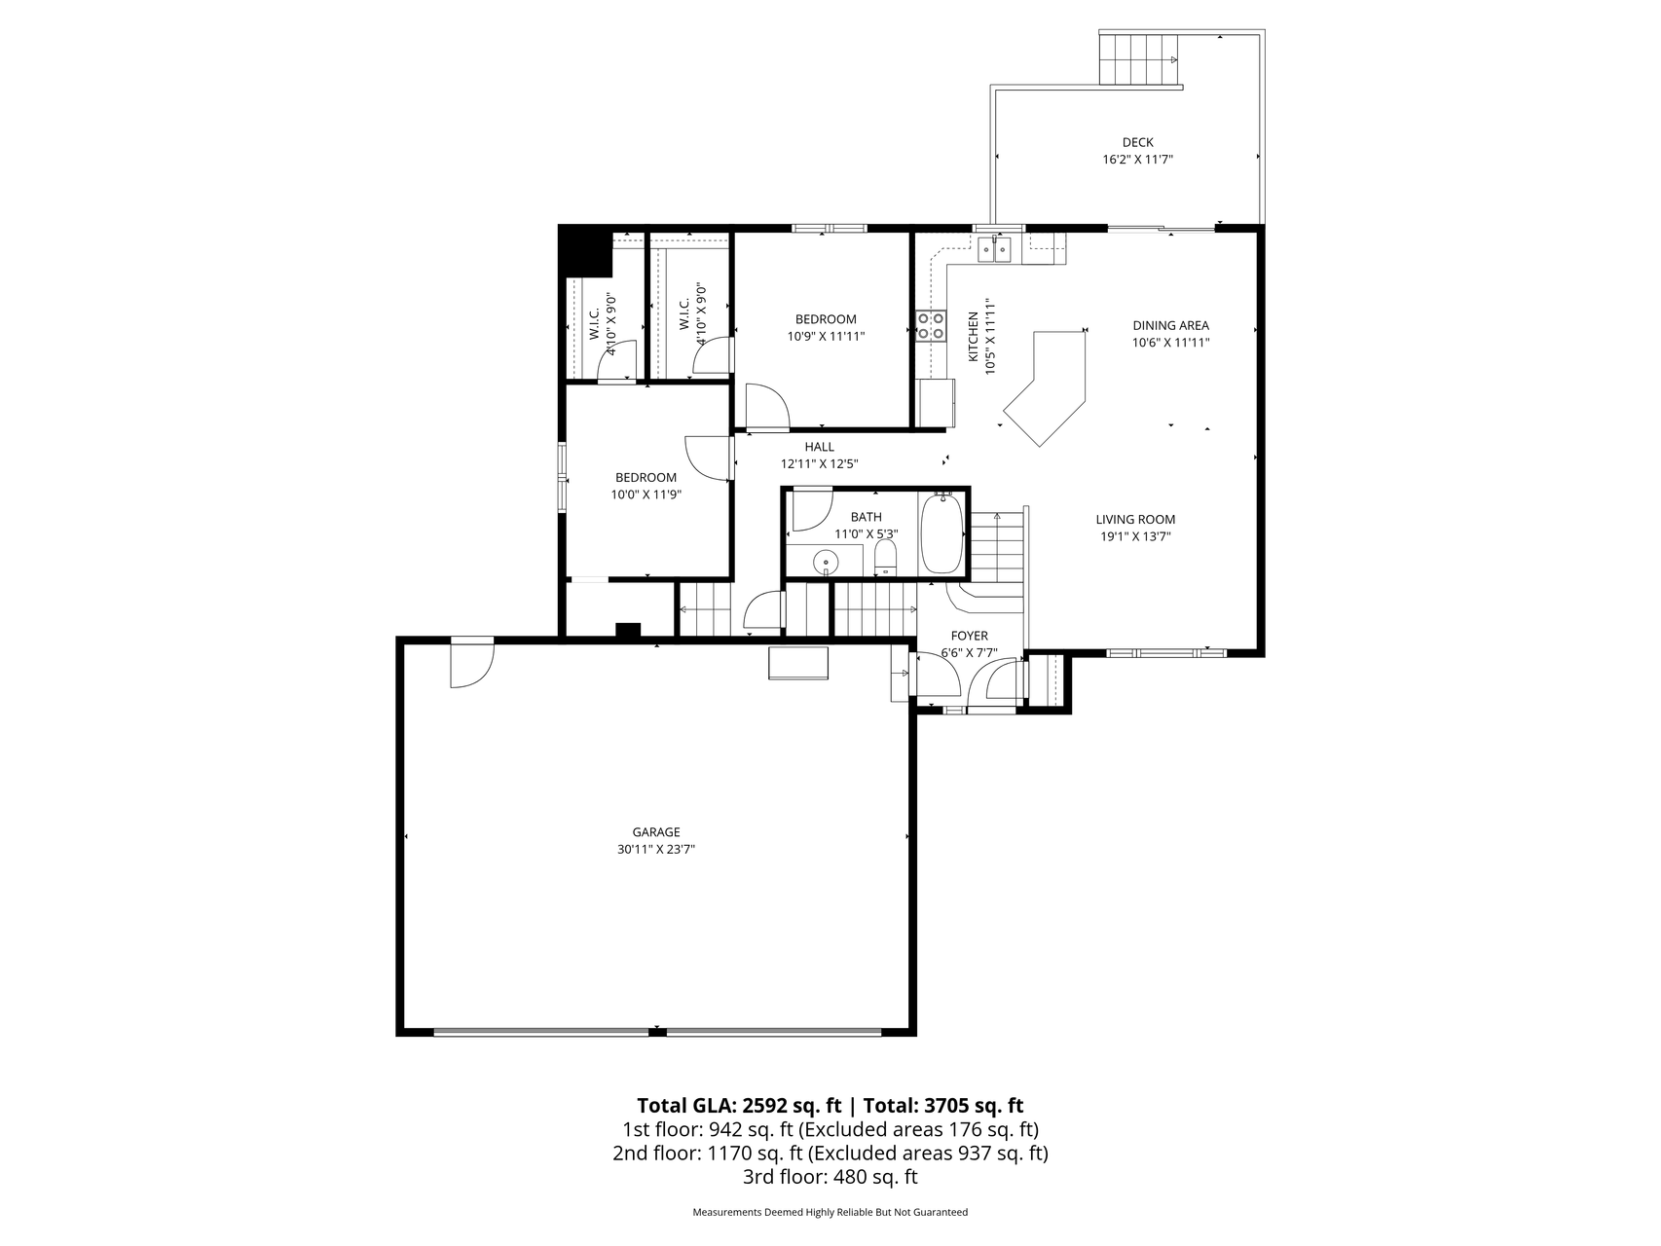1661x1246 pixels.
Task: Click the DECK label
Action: point(1137,143)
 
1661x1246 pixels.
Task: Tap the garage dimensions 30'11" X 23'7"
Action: point(655,849)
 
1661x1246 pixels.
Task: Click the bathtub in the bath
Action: point(941,534)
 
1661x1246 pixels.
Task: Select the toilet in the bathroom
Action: point(885,558)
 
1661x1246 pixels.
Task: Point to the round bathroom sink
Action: point(826,562)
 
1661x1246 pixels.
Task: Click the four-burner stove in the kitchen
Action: point(931,325)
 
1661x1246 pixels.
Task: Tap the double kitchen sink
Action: point(995,250)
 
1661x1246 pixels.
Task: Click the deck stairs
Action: point(1139,58)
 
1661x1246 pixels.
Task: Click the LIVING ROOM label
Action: point(1135,520)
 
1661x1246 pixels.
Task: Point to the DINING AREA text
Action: point(1170,326)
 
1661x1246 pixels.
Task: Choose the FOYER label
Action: point(969,636)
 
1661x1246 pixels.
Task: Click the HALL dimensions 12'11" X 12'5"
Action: point(819,464)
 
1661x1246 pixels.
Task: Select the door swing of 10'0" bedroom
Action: point(708,457)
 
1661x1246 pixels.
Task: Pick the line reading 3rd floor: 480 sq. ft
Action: point(830,1177)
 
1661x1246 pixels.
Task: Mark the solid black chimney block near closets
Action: point(585,251)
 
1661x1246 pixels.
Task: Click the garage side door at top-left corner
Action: point(471,664)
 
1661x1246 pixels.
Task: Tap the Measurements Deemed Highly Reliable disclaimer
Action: point(830,1213)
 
